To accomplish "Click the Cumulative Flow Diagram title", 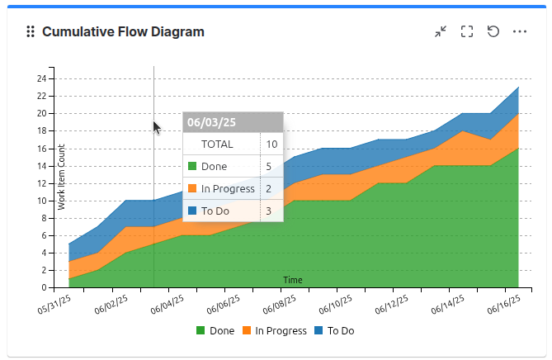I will [123, 31].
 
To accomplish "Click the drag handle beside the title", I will [31, 31].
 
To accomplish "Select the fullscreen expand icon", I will [467, 31].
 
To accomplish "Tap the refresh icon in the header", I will [493, 31].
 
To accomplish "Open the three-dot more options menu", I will [520, 31].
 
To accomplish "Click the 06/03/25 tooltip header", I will [212, 122].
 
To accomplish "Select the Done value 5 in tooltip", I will [269, 166].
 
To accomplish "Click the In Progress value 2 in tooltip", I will [269, 188].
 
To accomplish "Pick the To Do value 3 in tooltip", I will [269, 211].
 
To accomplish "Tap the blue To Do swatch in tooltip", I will [192, 211].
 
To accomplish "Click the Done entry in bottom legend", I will [215, 331].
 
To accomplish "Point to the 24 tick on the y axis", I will [42, 78].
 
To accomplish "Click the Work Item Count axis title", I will [62, 177].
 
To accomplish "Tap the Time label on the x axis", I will [293, 280].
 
